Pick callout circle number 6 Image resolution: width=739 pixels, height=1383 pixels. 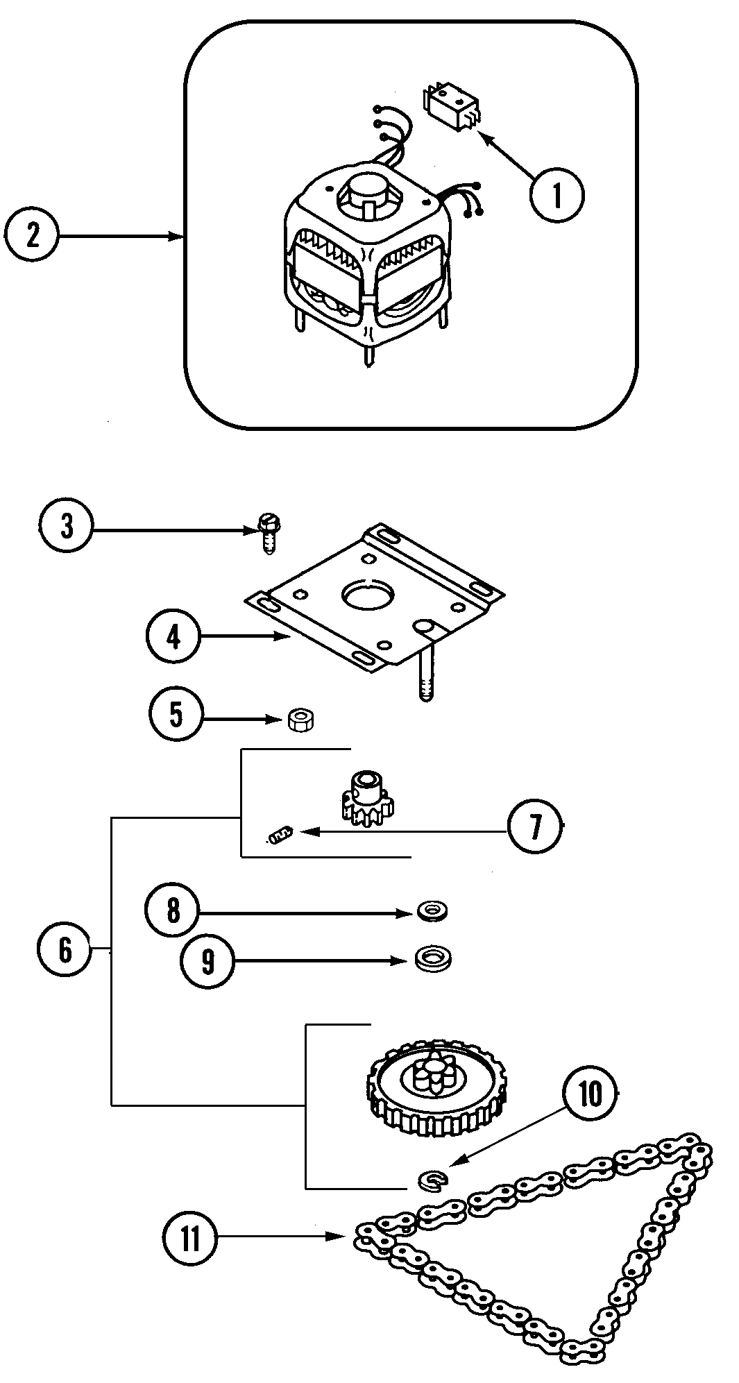(65, 949)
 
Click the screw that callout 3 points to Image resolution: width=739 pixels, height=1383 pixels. (266, 534)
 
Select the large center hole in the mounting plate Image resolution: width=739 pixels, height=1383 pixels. (368, 595)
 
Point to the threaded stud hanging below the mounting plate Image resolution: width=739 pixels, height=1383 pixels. (425, 677)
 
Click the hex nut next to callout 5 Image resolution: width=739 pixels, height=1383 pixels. (300, 720)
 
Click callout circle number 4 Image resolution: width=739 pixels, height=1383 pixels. (173, 636)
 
